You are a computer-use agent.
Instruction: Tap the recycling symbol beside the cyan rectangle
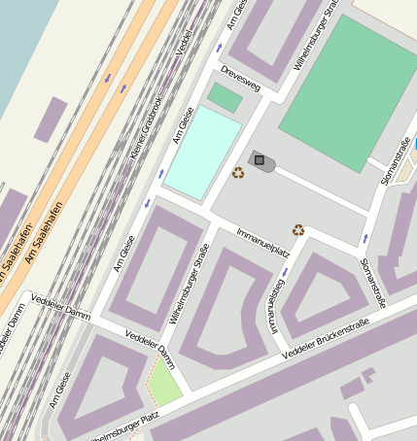pos(238,173)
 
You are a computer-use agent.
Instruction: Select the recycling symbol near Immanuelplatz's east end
pos(298,230)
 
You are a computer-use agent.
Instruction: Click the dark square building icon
pos(259,159)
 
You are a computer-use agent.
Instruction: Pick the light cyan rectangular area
pos(202,153)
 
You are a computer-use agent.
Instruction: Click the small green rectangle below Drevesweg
pos(226,97)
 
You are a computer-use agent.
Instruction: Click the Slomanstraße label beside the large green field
pos(396,160)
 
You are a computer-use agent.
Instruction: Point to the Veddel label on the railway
pos(186,39)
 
